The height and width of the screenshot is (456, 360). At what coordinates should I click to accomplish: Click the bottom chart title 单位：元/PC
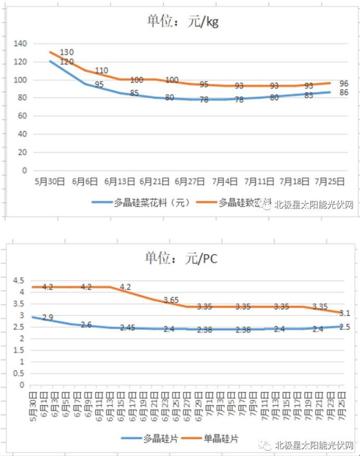[x=180, y=258]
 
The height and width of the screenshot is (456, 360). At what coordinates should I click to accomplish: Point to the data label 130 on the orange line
[x=67, y=52]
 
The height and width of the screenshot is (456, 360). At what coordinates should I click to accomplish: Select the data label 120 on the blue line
[x=67, y=62]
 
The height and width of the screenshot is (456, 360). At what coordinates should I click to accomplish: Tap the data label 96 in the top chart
[x=344, y=83]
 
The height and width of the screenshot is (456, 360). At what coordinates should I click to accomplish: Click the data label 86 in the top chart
[x=344, y=93]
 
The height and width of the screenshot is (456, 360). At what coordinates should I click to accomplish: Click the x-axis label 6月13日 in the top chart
[x=119, y=182]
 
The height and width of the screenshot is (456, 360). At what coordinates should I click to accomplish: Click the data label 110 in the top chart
[x=102, y=71]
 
